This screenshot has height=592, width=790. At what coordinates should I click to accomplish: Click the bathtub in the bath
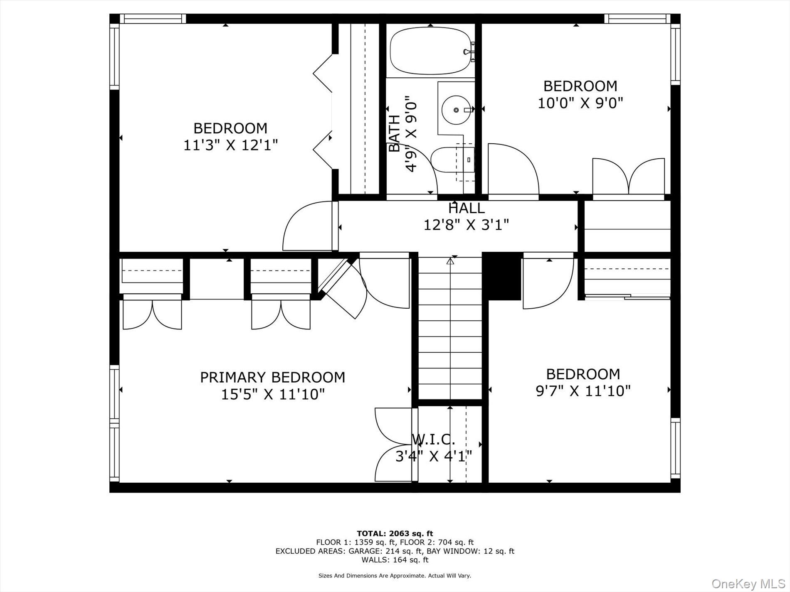[431, 51]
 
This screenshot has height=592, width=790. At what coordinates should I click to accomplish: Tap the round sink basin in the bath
[456, 110]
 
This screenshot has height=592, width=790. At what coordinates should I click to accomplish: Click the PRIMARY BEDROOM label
[272, 377]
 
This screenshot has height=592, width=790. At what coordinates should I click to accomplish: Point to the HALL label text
[466, 208]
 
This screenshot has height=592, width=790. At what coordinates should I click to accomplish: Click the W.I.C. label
[433, 439]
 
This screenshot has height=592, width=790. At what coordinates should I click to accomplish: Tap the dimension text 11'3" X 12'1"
[230, 145]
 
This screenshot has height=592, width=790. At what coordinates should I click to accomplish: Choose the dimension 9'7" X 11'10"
[583, 391]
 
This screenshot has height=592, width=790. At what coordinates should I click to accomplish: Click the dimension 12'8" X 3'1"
[466, 225]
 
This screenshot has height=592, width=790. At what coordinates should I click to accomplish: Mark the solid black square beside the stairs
[501, 276]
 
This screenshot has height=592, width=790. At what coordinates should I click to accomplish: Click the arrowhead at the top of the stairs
[450, 261]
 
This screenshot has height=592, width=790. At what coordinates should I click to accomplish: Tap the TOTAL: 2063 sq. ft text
[395, 533]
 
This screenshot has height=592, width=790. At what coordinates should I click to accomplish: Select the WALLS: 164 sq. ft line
[395, 560]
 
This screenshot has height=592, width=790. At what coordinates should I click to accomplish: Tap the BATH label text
[394, 133]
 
